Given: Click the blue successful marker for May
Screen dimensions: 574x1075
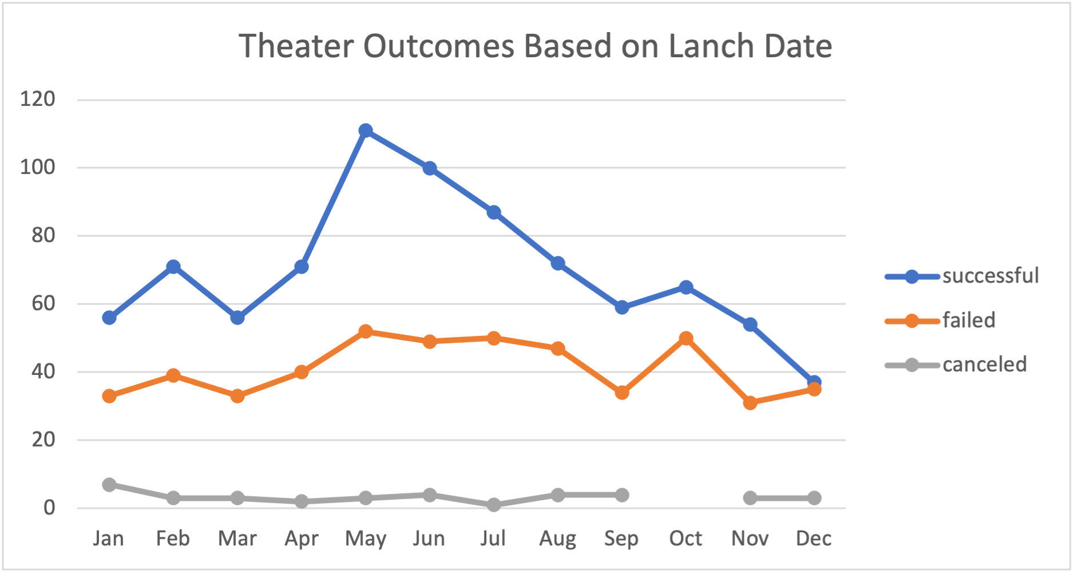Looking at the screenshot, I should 366,131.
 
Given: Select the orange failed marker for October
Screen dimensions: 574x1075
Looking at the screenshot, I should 686,338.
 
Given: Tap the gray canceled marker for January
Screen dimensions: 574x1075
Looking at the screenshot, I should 109,485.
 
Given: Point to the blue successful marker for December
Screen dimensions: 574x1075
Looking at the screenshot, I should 814,381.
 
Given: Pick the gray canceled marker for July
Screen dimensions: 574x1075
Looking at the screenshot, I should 494,505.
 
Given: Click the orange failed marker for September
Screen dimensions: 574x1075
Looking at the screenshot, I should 622,393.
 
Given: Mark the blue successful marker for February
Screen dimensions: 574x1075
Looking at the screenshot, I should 173,267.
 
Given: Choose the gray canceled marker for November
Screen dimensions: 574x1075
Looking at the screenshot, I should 750,498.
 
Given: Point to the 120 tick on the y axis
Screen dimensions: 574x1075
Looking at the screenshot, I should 38,99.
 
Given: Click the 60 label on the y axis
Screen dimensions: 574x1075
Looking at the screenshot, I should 43,303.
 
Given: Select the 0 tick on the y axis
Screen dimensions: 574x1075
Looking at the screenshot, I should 49,508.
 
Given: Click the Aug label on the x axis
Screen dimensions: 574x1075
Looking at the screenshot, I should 557,539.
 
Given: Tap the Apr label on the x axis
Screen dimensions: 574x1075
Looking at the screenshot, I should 302,539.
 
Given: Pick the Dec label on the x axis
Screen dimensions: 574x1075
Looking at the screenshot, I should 814,538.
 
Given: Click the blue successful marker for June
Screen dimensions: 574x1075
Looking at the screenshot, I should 430,168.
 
